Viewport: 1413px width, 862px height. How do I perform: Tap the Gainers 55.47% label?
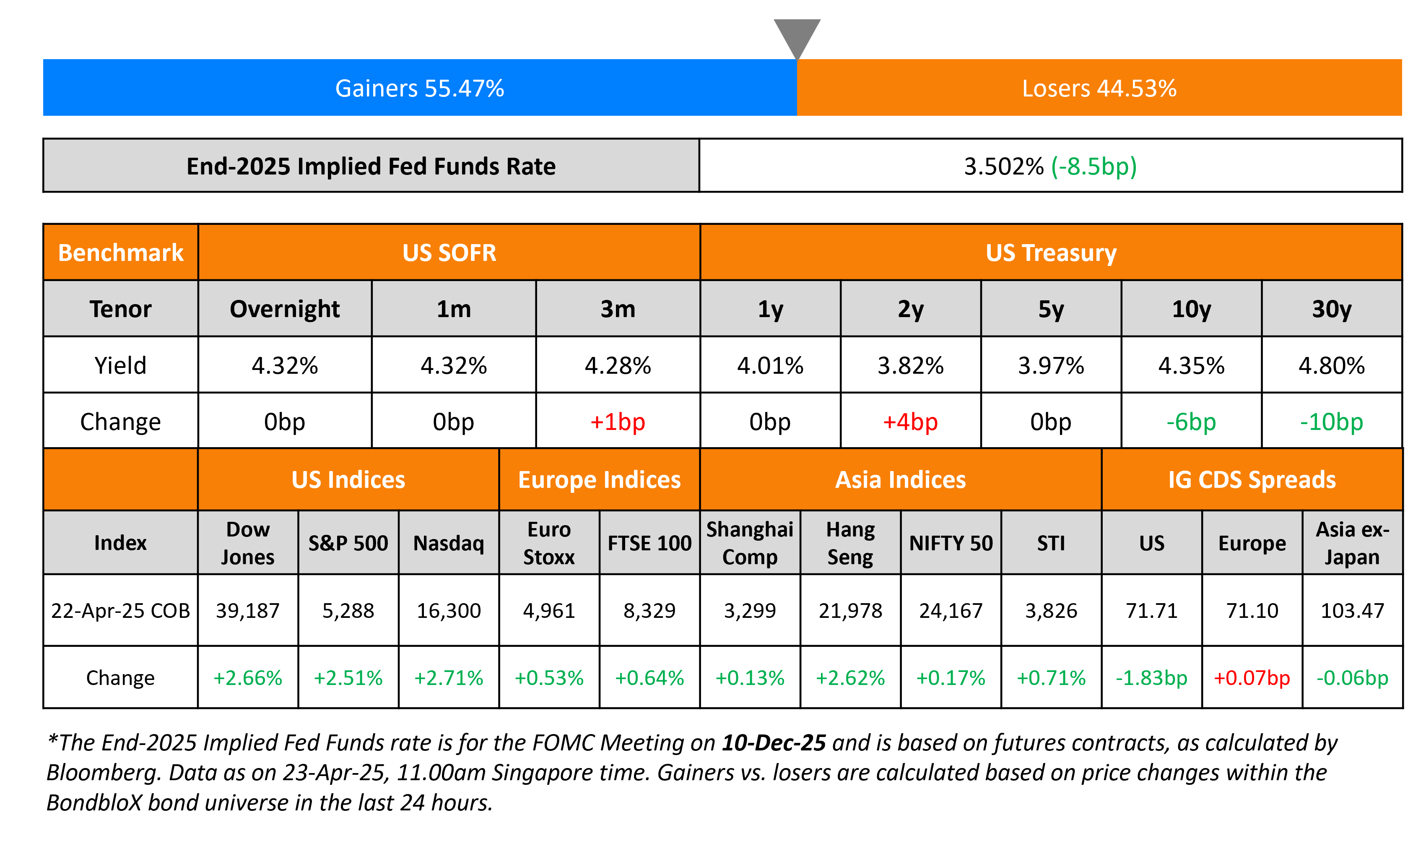419,89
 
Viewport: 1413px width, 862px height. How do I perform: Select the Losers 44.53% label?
1099,89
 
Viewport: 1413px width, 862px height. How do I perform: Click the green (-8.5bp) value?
1094,167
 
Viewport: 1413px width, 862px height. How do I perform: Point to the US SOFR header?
449,253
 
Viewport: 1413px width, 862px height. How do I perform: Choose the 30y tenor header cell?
1332,309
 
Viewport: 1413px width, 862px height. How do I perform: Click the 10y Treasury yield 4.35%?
1191,365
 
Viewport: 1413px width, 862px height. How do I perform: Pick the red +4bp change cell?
910,422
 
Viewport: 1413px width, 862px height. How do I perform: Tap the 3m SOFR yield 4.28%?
618,365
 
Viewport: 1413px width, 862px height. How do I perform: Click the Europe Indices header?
599,479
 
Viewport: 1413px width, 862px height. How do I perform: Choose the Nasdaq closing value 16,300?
449,610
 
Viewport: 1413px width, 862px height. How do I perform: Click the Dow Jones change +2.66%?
248,678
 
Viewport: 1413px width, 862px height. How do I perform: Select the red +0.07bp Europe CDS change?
1252,678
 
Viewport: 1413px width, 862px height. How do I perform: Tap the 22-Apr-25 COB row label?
120,610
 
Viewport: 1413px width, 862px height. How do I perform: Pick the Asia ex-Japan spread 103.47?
1352,610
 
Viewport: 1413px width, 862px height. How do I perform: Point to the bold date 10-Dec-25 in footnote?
774,743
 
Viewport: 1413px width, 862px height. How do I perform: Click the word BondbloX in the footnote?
94,802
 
